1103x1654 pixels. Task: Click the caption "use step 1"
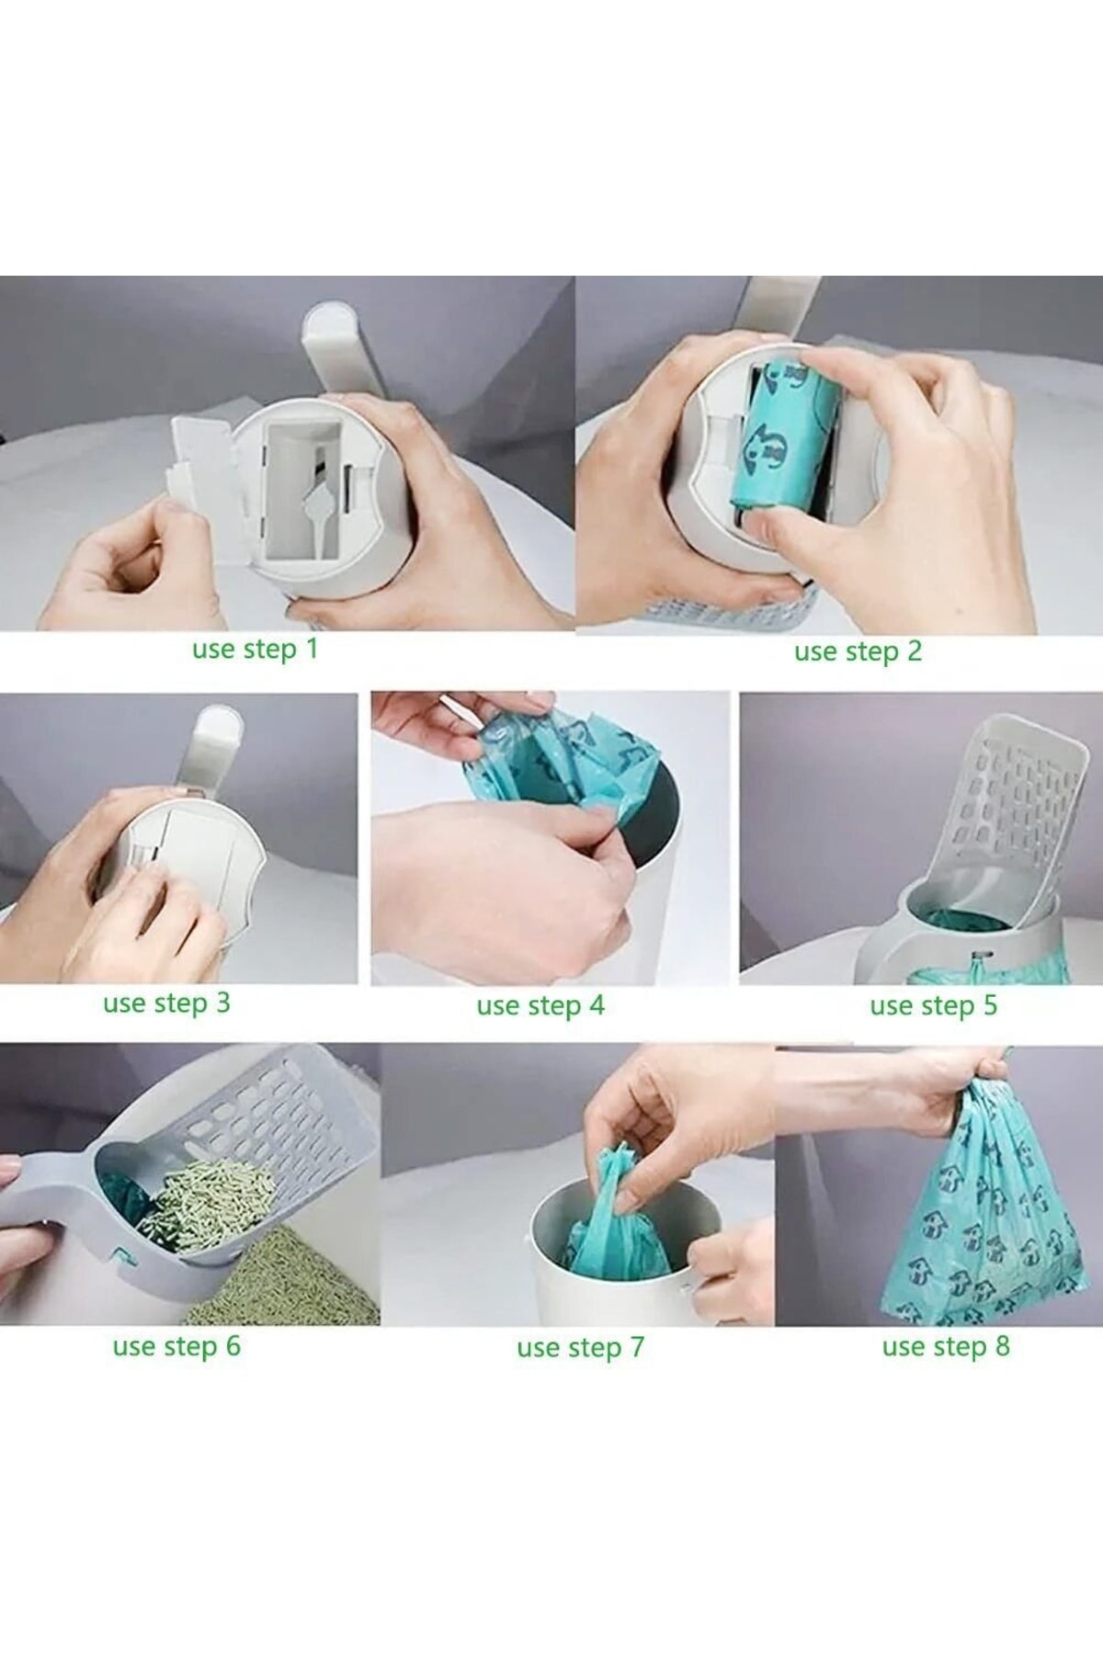[255, 650]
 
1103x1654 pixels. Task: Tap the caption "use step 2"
[858, 652]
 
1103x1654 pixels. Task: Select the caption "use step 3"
[166, 1003]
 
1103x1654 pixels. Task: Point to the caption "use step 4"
[540, 1006]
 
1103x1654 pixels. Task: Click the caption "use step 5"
[933, 1006]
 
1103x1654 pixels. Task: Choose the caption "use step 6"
[176, 1348]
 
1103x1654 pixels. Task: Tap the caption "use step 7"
[580, 1349]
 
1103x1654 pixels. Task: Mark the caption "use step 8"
[946, 1348]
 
